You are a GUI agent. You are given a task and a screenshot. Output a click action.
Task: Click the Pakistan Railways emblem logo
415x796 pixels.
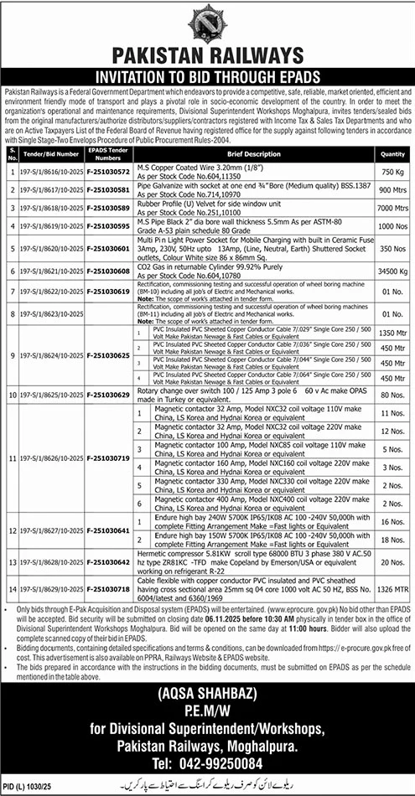click(207, 23)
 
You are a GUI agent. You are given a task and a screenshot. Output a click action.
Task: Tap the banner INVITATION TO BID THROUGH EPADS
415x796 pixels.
click(207, 73)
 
